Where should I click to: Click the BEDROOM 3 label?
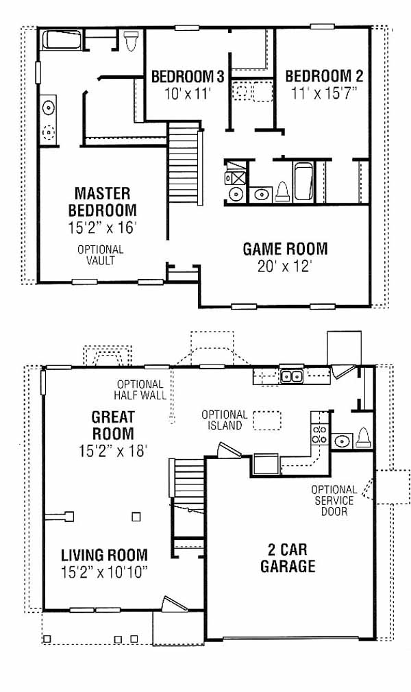[188, 76]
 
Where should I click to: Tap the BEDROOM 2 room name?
[324, 76]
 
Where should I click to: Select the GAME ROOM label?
[285, 249]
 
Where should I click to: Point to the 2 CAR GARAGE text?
[288, 558]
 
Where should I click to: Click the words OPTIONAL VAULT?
[101, 255]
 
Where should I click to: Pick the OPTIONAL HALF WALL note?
[140, 390]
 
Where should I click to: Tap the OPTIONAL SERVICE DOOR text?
[334, 501]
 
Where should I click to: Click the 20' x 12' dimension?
[285, 267]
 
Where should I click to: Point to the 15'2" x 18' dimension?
[113, 451]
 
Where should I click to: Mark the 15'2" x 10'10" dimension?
[104, 572]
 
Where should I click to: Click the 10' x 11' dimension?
[188, 94]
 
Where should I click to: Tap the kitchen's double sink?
[291, 376]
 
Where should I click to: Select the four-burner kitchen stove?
[319, 434]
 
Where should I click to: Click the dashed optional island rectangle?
[268, 421]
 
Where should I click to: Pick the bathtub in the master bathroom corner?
[62, 40]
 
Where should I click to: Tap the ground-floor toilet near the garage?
[363, 438]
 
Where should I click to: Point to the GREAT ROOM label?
[113, 425]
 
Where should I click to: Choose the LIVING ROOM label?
[104, 555]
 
